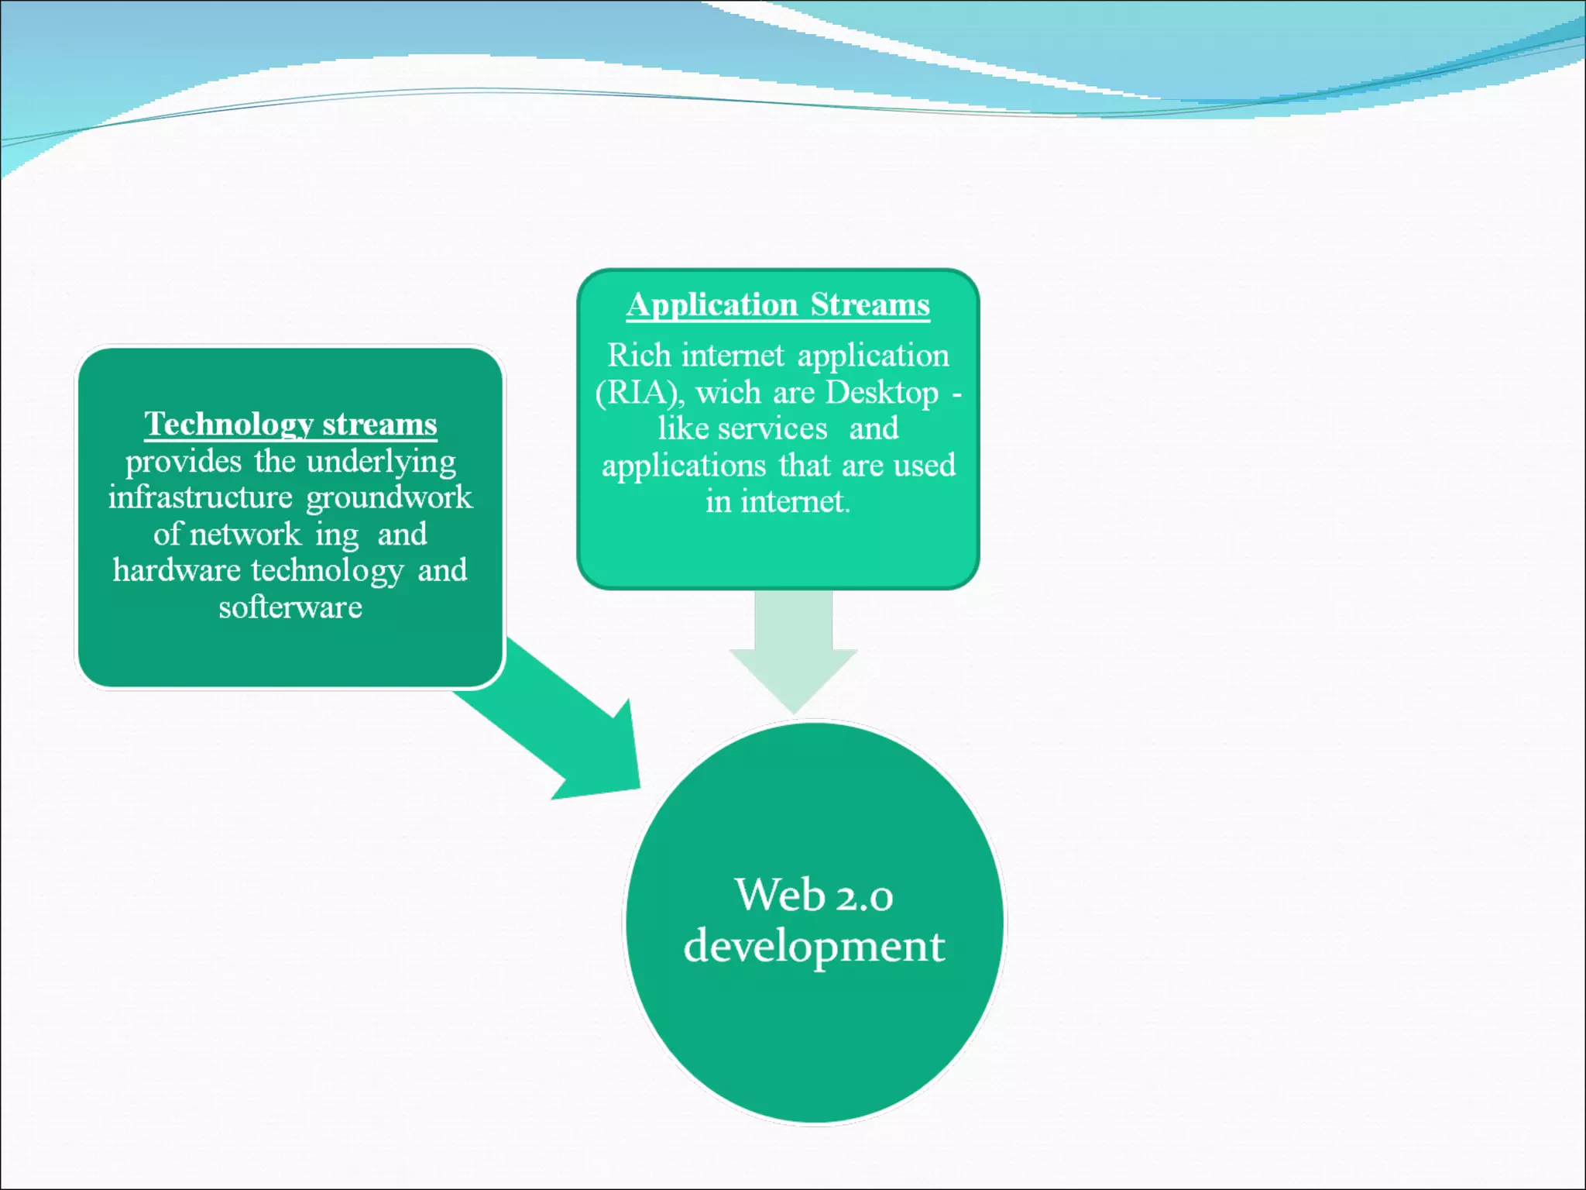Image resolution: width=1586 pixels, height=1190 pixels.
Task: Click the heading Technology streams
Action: tap(290, 425)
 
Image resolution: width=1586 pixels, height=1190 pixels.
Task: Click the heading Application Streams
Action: tap(778, 305)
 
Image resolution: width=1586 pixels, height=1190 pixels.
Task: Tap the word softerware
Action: tap(290, 607)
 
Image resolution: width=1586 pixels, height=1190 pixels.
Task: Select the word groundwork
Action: tap(389, 497)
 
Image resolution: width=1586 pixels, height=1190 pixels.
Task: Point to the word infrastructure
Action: tap(200, 497)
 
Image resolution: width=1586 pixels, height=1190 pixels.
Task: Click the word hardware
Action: tap(177, 570)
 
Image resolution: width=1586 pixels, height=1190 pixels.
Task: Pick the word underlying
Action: tap(381, 462)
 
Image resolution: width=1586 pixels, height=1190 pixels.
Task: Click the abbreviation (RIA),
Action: tap(639, 393)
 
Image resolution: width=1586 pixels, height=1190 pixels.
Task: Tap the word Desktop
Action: tap(881, 393)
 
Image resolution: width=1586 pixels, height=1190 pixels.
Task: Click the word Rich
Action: tap(639, 356)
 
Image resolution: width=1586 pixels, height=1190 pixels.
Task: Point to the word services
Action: tap(772, 428)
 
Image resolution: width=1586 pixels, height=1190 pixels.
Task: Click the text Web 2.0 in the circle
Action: tap(813, 896)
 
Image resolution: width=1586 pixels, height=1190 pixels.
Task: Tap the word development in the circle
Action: tap(813, 947)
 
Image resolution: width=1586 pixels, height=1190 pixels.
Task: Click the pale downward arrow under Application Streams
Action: tap(793, 651)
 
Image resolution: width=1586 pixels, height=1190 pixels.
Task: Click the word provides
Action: tap(184, 462)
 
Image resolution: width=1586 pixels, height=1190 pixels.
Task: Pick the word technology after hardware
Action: tap(327, 570)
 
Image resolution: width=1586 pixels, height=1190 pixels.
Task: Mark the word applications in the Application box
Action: tap(684, 466)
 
